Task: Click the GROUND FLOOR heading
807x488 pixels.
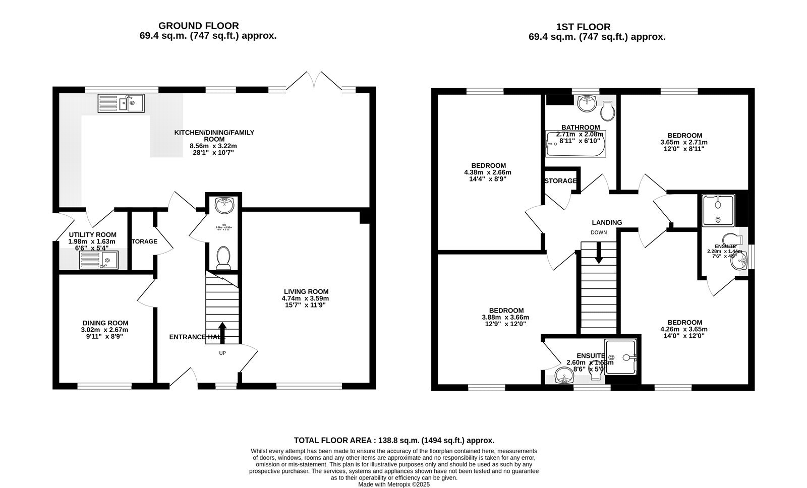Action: point(198,26)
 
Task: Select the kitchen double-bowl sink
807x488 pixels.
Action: point(121,103)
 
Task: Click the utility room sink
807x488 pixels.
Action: point(99,260)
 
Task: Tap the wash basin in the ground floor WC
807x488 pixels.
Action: point(223,205)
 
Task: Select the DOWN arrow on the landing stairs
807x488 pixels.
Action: point(599,253)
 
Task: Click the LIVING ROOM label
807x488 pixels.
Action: point(306,291)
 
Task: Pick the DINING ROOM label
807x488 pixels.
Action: point(105,323)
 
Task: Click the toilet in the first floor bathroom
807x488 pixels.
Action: point(608,110)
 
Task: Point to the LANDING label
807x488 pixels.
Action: point(607,222)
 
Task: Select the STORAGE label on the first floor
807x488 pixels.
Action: point(560,181)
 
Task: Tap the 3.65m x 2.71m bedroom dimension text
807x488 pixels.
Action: point(684,142)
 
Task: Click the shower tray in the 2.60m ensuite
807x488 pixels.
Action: point(621,357)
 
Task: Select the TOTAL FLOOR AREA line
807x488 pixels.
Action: point(394,440)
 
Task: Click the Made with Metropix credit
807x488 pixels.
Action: point(393,484)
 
